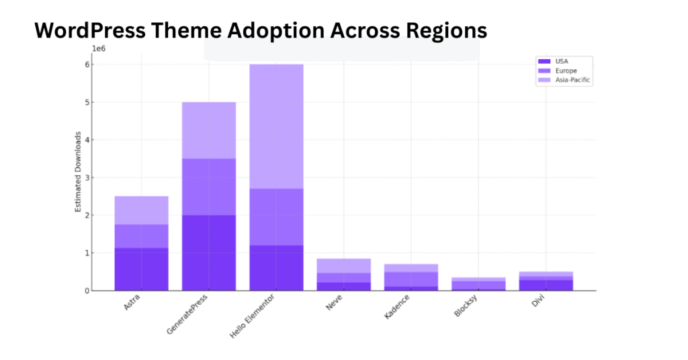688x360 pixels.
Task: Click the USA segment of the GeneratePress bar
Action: coord(209,253)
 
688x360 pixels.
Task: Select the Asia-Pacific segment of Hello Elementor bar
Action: coord(276,126)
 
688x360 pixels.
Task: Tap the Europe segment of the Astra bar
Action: coord(141,236)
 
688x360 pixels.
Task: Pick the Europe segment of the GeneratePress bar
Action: coord(209,187)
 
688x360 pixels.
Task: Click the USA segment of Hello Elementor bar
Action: coord(276,267)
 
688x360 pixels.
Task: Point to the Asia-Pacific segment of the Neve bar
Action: coord(343,265)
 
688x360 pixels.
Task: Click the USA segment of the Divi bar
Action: coord(546,285)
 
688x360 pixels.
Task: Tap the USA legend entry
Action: coord(562,61)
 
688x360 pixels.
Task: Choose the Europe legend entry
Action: coord(566,71)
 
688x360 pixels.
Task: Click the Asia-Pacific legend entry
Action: coord(573,80)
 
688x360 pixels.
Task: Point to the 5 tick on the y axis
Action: coord(87,103)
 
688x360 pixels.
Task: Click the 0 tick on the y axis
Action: coord(87,291)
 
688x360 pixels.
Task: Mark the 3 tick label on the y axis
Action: coord(87,178)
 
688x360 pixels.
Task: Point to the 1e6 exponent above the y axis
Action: coord(99,49)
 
